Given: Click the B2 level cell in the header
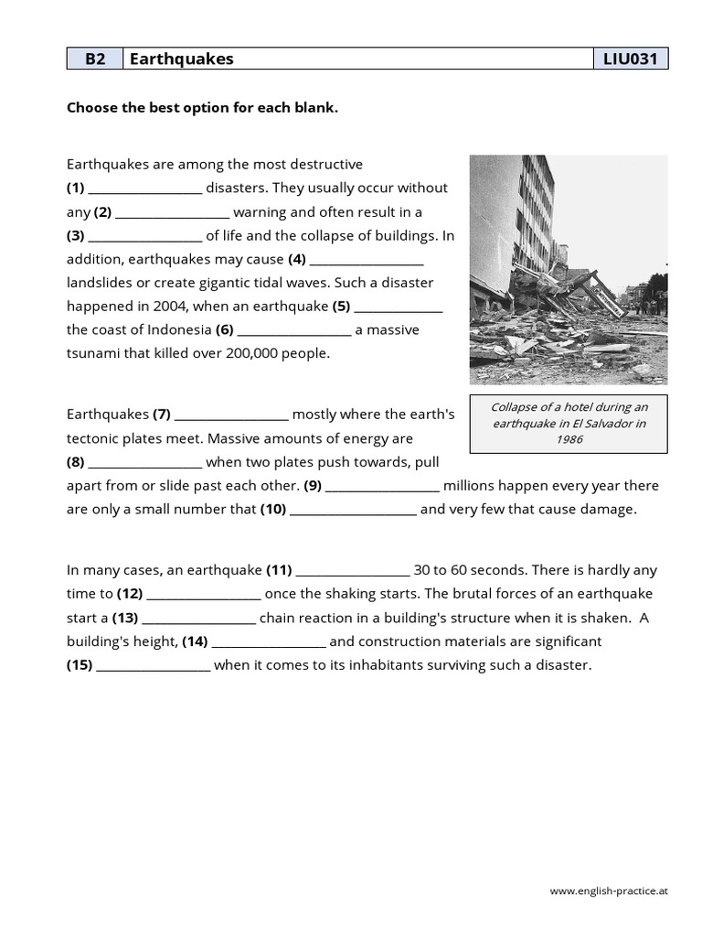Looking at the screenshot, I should point(95,59).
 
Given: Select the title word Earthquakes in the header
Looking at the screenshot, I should point(182,59).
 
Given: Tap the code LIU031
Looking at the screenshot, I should point(631,59).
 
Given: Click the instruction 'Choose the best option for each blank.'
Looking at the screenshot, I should point(202,108).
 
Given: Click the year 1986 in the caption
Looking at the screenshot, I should point(569,439).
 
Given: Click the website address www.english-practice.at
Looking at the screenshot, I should point(609,890).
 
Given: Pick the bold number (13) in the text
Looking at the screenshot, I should point(125,618).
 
